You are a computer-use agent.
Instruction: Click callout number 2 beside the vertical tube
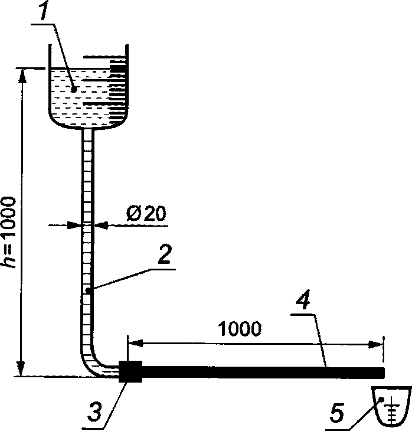(165, 254)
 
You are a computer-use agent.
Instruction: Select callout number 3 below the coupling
(94, 412)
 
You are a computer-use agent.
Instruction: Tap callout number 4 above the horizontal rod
(303, 299)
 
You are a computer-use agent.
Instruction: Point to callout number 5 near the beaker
(337, 412)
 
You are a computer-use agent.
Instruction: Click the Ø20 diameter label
(146, 213)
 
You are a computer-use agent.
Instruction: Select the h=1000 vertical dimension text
(8, 232)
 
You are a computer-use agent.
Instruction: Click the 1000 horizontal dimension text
(240, 328)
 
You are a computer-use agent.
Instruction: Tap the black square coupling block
(130, 371)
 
